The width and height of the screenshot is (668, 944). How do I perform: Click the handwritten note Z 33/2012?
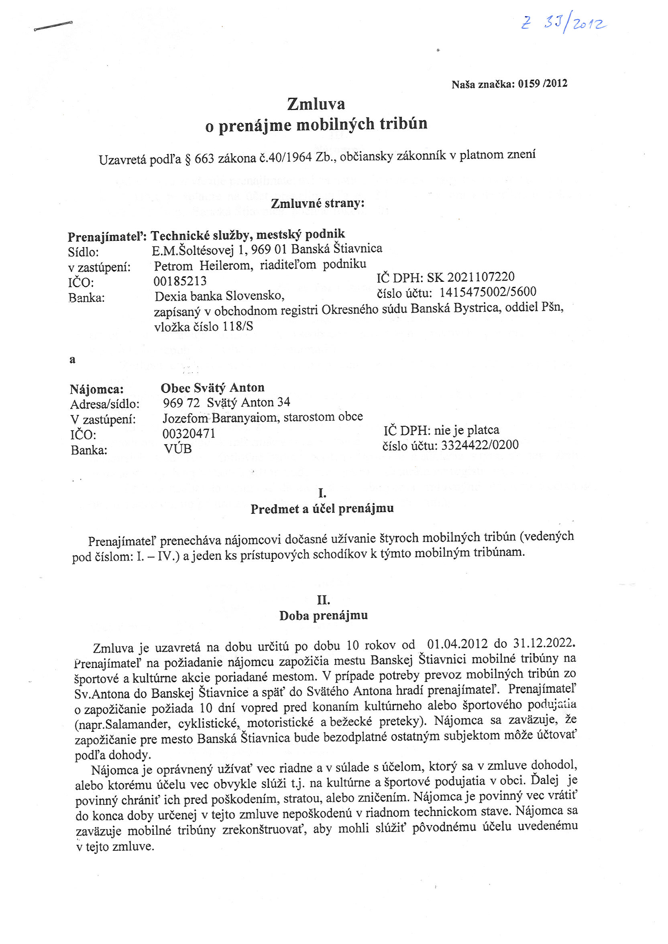[564, 24]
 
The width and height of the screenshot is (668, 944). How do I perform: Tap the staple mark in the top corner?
[53, 26]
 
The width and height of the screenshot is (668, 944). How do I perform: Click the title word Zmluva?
[316, 104]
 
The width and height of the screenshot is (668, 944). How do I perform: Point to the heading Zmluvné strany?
[318, 203]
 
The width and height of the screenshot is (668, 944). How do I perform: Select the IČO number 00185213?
[180, 281]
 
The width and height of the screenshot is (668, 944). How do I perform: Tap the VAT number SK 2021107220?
[470, 277]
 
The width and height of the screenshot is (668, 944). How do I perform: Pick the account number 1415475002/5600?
[488, 292]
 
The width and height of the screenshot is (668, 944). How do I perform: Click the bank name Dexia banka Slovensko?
[219, 296]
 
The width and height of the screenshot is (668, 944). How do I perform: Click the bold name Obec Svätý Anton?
[212, 388]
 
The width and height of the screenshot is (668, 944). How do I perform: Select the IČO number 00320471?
[189, 433]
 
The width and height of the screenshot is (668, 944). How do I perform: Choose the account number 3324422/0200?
[480, 445]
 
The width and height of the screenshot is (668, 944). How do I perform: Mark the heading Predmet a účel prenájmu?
[322, 509]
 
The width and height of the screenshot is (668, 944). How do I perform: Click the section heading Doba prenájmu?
[323, 616]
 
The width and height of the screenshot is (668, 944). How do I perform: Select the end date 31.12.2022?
[544, 643]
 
